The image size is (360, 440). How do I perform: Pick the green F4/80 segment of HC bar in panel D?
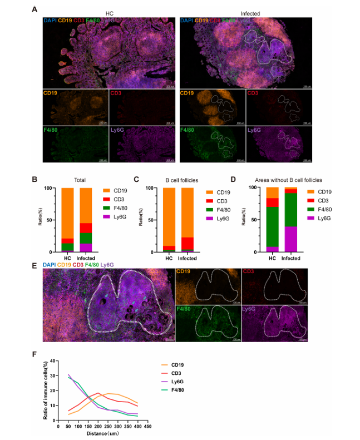tap(272, 226)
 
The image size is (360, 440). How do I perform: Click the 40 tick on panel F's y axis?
tap(52, 360)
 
